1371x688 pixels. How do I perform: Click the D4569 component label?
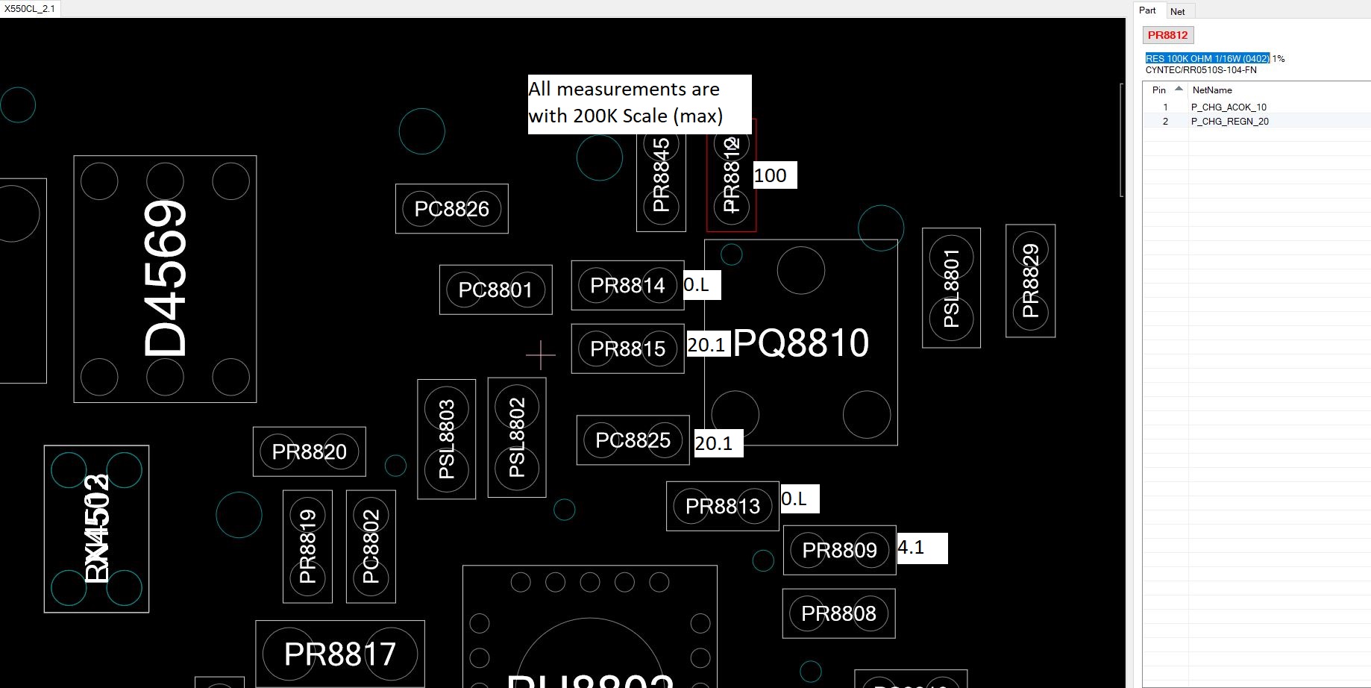coord(165,279)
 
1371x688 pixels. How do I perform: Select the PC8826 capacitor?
coord(451,209)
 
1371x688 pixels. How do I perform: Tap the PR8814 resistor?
coord(627,286)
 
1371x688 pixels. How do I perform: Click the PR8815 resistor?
coord(627,348)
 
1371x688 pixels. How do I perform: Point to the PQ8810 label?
coord(800,343)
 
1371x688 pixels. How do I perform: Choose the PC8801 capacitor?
coord(495,290)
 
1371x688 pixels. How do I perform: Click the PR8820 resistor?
coord(309,451)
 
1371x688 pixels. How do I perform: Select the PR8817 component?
coord(339,654)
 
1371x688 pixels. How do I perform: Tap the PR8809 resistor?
coord(839,551)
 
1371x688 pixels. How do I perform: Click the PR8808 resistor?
coord(838,613)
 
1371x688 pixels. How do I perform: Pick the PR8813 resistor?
coord(722,507)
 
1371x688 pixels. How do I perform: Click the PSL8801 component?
coord(951,288)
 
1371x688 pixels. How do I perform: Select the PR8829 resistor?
coord(1030,281)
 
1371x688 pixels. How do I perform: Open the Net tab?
coord(1177,11)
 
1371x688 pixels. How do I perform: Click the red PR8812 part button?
coord(1167,35)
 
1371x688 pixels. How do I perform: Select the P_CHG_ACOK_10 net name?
coord(1229,107)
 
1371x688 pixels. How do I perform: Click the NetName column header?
coord(1212,90)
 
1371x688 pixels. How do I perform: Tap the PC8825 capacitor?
coord(633,440)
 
